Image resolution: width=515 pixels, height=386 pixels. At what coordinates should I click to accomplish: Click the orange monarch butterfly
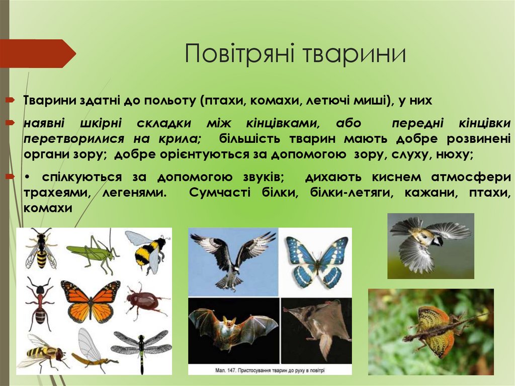pos(91,300)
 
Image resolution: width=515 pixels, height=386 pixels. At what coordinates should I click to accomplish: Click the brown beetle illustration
pos(143,301)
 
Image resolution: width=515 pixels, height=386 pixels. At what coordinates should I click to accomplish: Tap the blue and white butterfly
pos(316,261)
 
